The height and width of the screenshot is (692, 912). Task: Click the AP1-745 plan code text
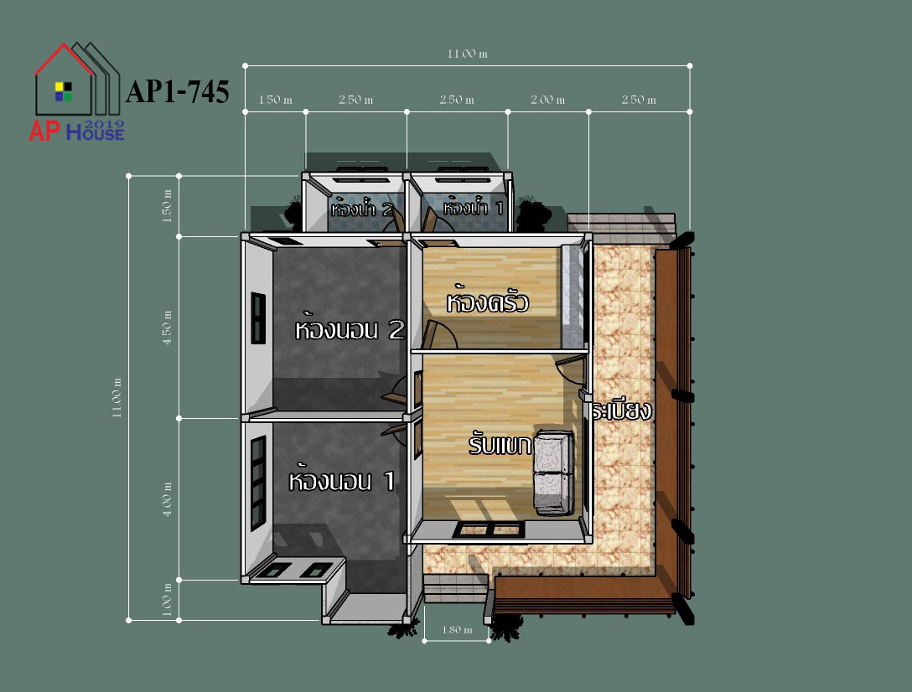[178, 92]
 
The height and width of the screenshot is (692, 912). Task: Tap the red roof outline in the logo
[64, 58]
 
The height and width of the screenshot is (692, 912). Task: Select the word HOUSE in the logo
[95, 134]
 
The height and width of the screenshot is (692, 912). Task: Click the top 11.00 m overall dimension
[467, 54]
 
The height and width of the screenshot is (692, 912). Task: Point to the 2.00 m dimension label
[547, 100]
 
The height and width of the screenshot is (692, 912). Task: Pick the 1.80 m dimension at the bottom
[457, 630]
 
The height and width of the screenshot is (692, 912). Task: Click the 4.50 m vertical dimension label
[168, 328]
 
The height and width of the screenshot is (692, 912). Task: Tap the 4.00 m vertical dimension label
[168, 499]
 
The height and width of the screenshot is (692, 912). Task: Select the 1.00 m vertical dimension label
[168, 600]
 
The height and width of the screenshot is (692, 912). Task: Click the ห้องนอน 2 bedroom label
[350, 330]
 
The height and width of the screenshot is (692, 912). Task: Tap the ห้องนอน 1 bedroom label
[342, 481]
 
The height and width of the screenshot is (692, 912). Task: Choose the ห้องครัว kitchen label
[487, 302]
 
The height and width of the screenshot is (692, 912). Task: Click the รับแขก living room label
[500, 445]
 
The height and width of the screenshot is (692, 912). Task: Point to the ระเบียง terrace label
[621, 410]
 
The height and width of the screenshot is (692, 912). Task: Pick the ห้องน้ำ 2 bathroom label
[362, 208]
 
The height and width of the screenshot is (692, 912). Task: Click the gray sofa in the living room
[554, 473]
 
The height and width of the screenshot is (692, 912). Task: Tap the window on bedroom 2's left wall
[258, 318]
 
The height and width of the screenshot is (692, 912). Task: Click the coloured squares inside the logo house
[64, 91]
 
